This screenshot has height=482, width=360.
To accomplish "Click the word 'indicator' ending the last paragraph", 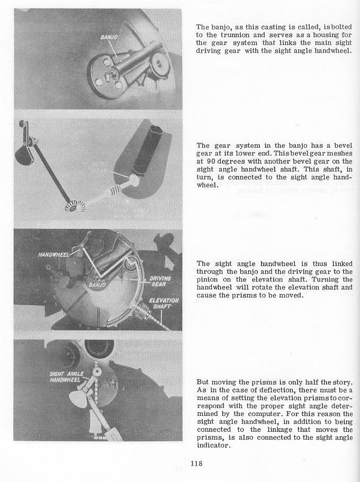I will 213,445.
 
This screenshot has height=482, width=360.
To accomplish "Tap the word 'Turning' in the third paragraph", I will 338,279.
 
